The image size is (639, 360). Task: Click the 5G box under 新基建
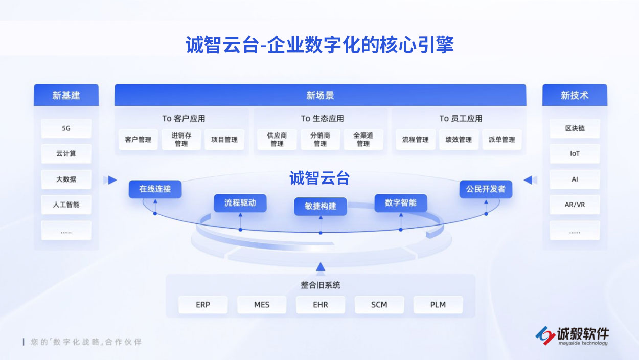[66, 128]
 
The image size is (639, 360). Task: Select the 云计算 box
[66, 153]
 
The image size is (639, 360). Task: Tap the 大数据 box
[66, 179]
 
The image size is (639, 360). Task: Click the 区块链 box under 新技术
[575, 128]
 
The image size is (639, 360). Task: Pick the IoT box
[575, 153]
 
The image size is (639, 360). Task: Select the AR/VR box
[575, 205]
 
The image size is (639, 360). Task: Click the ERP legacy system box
[203, 305]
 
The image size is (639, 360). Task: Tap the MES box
[262, 305]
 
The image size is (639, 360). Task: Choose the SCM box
[379, 305]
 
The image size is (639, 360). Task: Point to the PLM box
[438, 305]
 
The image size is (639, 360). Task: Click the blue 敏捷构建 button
[321, 206]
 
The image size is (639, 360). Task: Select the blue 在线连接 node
[155, 189]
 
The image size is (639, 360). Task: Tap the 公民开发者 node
[485, 189]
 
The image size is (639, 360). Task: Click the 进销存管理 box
[181, 140]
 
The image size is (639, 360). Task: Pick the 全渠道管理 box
[363, 140]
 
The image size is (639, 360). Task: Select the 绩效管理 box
[459, 140]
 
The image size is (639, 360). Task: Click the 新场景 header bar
[320, 95]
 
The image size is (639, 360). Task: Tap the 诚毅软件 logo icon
[545, 334]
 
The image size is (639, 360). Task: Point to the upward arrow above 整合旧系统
[321, 266]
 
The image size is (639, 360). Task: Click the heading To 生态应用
[322, 118]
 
